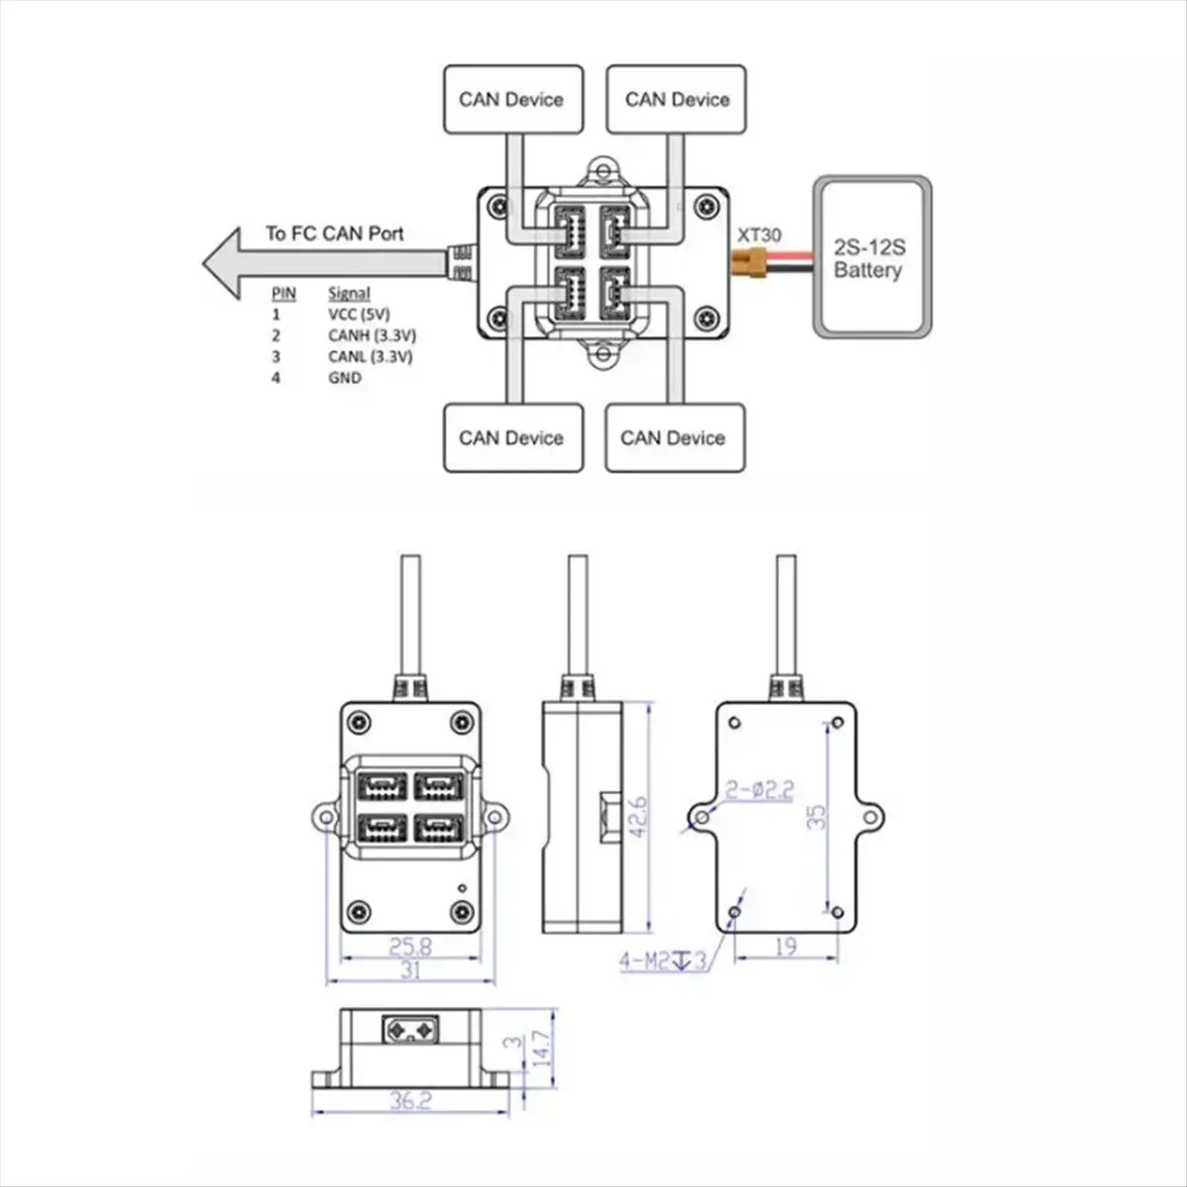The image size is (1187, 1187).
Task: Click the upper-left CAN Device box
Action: [x=513, y=99]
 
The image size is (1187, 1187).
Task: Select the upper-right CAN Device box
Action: [x=677, y=99]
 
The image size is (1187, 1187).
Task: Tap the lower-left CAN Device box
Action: [x=513, y=438]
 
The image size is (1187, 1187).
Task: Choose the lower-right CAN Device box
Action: [x=676, y=438]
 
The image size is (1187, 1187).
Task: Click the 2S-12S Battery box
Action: [x=871, y=257]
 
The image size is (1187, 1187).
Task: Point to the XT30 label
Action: [x=759, y=234]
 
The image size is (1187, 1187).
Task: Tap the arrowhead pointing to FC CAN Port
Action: [x=222, y=263]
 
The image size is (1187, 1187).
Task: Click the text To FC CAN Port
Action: [x=334, y=233]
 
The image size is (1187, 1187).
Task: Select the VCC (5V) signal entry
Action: [x=359, y=315]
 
